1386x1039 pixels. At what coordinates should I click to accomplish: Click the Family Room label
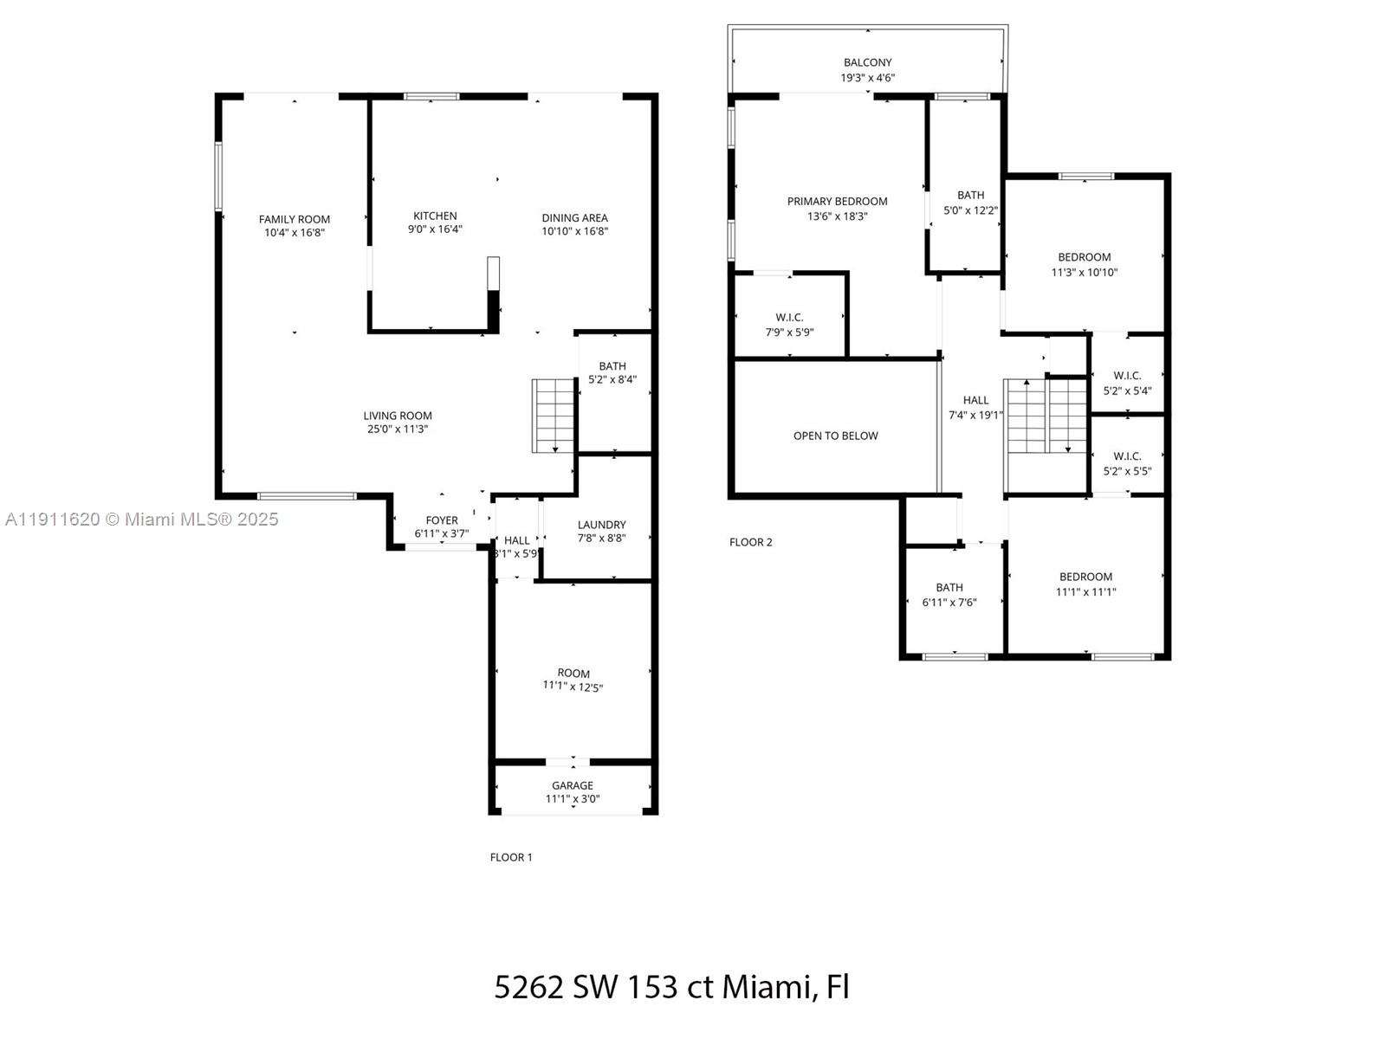pos(295,219)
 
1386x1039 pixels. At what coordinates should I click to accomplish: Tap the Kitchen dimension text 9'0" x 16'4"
pos(435,230)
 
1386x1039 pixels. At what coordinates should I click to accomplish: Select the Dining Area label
pos(574,218)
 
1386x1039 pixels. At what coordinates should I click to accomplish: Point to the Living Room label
pos(398,416)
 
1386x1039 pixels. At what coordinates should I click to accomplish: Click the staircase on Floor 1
pos(554,416)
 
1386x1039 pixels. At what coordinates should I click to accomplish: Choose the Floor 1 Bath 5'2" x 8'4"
pos(612,373)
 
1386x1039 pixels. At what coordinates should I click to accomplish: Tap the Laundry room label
pos(601,525)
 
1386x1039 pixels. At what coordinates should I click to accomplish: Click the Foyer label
pos(442,520)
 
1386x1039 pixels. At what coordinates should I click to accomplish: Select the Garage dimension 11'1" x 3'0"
pos(573,799)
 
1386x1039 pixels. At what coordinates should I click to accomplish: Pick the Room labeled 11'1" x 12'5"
pos(573,680)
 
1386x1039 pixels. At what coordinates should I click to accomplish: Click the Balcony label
pos(867,62)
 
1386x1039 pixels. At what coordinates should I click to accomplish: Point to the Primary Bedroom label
pos(837,202)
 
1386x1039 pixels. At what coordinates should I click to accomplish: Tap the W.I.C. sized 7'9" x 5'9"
pos(789,325)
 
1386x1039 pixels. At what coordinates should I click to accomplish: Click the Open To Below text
pos(835,436)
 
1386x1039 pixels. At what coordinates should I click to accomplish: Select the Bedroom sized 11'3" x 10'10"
pos(1084,264)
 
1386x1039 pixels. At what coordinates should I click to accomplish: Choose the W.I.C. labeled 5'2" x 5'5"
pos(1127,463)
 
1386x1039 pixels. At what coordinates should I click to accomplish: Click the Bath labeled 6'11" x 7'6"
pos(949,595)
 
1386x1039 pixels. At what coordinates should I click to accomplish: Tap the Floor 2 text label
pos(750,542)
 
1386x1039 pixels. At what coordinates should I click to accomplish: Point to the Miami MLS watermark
pos(142,519)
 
